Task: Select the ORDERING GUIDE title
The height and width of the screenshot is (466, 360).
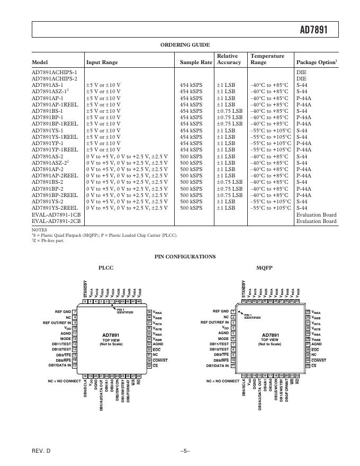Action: point(185,45)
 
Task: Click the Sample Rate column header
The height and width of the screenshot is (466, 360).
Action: point(196,62)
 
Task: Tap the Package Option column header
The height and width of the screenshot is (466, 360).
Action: point(317,62)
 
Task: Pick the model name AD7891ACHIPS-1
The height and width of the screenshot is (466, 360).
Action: point(55,72)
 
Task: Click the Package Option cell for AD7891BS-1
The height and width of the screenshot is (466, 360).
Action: point(302,111)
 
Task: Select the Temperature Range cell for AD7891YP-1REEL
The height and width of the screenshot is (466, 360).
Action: point(270,149)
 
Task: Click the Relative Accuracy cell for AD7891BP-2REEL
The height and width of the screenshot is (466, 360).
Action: point(229,195)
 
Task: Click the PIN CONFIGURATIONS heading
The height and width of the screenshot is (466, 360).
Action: point(185,257)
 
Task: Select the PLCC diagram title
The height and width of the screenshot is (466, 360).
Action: point(106,268)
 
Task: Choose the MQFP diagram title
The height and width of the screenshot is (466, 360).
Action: point(264,268)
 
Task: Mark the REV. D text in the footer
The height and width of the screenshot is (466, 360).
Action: point(41,450)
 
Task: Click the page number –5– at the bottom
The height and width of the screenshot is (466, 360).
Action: point(185,450)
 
